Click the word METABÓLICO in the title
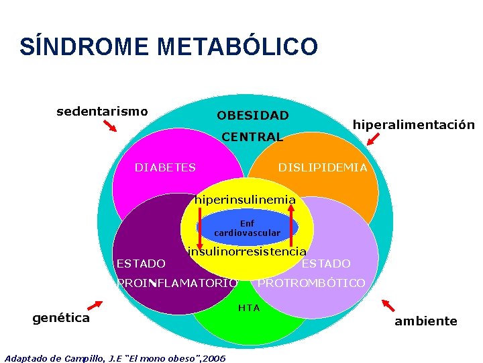[x=237, y=47]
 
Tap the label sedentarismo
[x=102, y=111]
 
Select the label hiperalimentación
[x=413, y=124]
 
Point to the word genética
[x=61, y=318]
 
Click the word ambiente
[x=425, y=321]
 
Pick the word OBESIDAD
[x=253, y=116]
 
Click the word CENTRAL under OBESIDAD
[x=252, y=137]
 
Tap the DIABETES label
[x=165, y=167]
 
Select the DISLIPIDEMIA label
[x=323, y=167]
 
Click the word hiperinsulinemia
[x=245, y=200]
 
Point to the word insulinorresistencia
[x=247, y=251]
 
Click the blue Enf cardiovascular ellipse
[x=247, y=229]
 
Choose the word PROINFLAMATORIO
[x=177, y=283]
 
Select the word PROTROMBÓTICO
[x=311, y=283]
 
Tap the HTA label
[x=249, y=308]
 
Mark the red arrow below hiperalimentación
[x=373, y=139]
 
